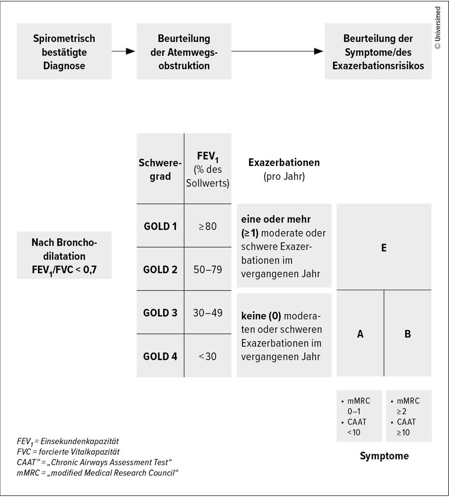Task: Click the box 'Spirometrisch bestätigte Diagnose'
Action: tap(64, 52)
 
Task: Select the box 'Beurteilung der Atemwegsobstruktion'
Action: tap(184, 52)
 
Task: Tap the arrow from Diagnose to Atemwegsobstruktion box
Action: tap(124, 51)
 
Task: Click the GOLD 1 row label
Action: tap(160, 227)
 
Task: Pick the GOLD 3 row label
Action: tap(160, 313)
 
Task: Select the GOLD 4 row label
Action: tap(160, 356)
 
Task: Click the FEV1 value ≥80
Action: tap(207, 227)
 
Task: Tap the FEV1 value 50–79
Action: tap(207, 270)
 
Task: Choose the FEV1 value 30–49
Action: tap(207, 313)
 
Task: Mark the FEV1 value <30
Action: tap(207, 356)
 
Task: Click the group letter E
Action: tap(384, 248)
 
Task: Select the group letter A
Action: tap(360, 334)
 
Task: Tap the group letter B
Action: tap(407, 334)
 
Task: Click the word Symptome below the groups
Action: tap(384, 456)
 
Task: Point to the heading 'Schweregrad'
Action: tap(160, 170)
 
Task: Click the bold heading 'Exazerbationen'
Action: tap(284, 163)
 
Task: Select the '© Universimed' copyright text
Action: tap(438, 27)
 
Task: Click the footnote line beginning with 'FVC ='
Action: tap(68, 451)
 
